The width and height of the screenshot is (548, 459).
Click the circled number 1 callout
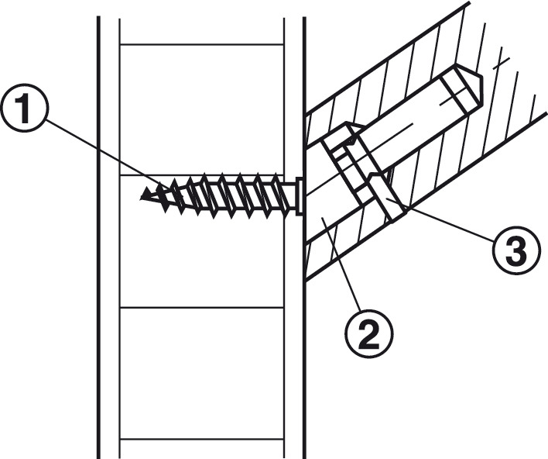pos(25,109)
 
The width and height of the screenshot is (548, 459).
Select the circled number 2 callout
pos(368,334)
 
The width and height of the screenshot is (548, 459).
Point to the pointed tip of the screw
pos(141,198)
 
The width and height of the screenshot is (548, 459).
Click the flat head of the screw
pos(300,196)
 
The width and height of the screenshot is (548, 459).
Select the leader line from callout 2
pos(341,264)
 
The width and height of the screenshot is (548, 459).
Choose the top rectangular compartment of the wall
pos(202,109)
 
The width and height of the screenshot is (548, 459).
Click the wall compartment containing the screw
pos(202,241)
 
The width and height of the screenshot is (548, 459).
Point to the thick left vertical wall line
pos(99,237)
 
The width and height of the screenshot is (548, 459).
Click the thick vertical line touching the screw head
pos(304,237)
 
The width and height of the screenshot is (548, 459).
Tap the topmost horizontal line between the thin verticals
pos(202,44)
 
